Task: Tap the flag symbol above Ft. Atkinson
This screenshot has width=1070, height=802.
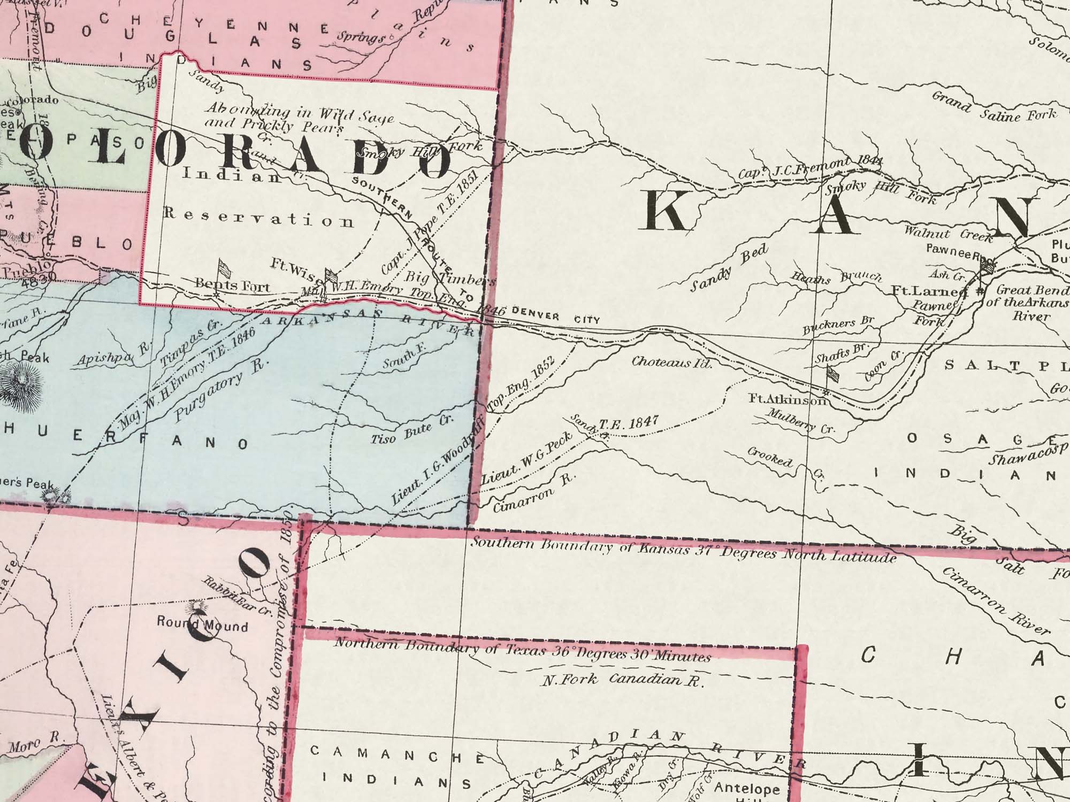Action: (832, 374)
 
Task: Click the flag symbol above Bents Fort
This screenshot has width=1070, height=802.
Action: (223, 267)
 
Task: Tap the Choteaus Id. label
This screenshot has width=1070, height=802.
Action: (672, 363)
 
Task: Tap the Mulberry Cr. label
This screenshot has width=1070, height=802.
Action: (800, 420)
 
